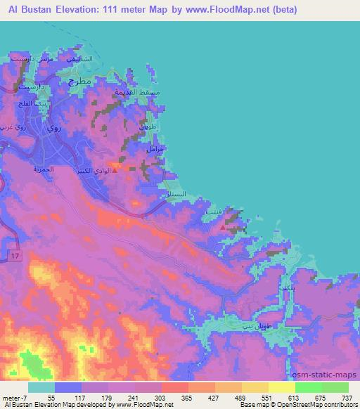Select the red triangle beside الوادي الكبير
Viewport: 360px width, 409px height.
(x=125, y=169)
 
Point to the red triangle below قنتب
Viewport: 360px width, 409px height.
(x=224, y=228)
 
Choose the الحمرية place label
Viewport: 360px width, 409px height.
(x=43, y=169)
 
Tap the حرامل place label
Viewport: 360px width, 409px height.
(x=154, y=150)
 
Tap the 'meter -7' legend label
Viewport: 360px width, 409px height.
(x=15, y=397)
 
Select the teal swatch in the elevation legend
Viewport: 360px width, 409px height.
(x=41, y=387)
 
